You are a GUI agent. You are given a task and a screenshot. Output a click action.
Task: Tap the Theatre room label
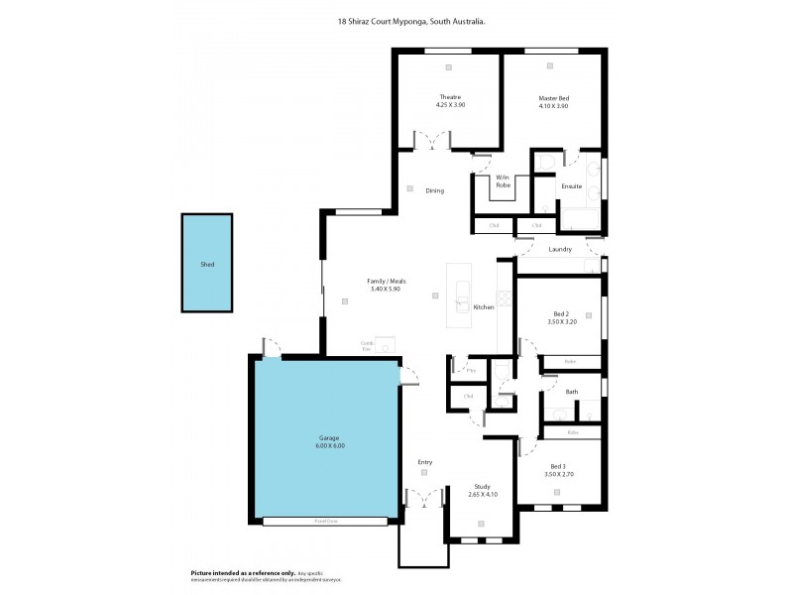click(x=450, y=97)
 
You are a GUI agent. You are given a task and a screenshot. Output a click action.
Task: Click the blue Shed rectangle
click(x=207, y=265)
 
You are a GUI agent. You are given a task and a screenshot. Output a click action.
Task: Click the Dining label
click(x=434, y=190)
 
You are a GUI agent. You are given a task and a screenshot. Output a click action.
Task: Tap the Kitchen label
click(x=483, y=307)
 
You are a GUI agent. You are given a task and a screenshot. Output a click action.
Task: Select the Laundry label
click(x=559, y=249)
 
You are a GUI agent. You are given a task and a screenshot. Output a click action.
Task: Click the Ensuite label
click(x=571, y=186)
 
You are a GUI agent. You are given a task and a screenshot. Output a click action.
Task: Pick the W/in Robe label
click(x=503, y=180)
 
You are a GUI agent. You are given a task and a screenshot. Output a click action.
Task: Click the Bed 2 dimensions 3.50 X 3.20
click(x=562, y=322)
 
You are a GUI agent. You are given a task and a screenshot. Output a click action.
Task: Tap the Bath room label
click(x=572, y=392)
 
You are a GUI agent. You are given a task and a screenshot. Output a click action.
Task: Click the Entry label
click(x=425, y=462)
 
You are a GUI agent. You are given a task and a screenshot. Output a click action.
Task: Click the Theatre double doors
click(x=432, y=142)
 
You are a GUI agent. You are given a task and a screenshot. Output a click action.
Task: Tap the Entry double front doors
click(x=424, y=497)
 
